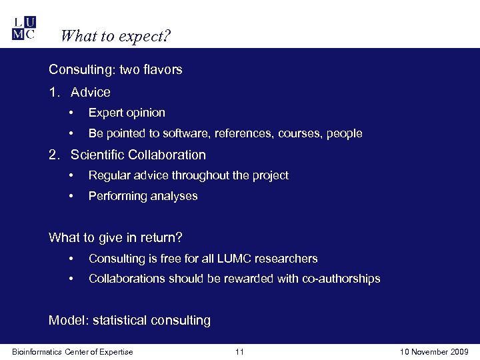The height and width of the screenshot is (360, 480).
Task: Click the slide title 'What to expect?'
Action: coord(116,35)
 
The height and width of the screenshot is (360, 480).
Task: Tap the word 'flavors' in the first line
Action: coord(162,69)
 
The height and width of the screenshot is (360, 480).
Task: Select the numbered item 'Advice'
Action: coord(91,92)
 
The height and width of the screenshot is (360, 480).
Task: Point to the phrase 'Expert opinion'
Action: coord(127,113)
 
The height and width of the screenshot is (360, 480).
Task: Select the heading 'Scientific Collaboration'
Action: coord(138,155)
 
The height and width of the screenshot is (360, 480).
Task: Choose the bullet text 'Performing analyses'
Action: coord(143,196)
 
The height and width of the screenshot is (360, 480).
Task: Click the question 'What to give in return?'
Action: coord(115,237)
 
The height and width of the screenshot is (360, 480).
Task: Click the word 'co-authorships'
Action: coord(340,279)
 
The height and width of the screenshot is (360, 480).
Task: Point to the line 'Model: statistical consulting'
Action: coord(129,320)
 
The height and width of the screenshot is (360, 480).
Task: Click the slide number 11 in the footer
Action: coord(240,352)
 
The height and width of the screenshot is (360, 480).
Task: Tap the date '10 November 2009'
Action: coord(435,352)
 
